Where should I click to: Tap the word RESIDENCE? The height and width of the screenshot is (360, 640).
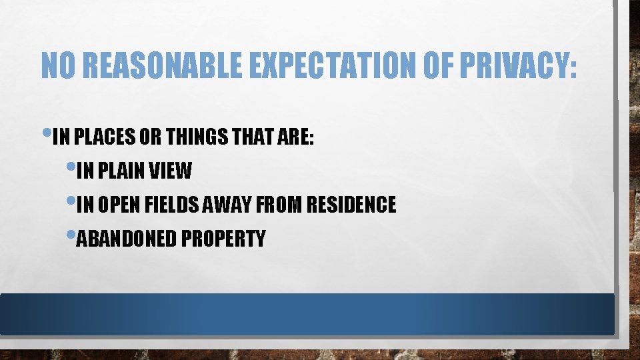tap(350, 205)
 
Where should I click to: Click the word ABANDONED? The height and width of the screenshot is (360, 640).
tap(127, 239)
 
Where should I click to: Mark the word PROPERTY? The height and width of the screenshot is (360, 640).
tap(223, 239)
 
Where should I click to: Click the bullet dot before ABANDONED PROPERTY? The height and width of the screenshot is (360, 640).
tap(71, 235)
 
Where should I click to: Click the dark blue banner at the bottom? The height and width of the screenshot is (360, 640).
tap(307, 314)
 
